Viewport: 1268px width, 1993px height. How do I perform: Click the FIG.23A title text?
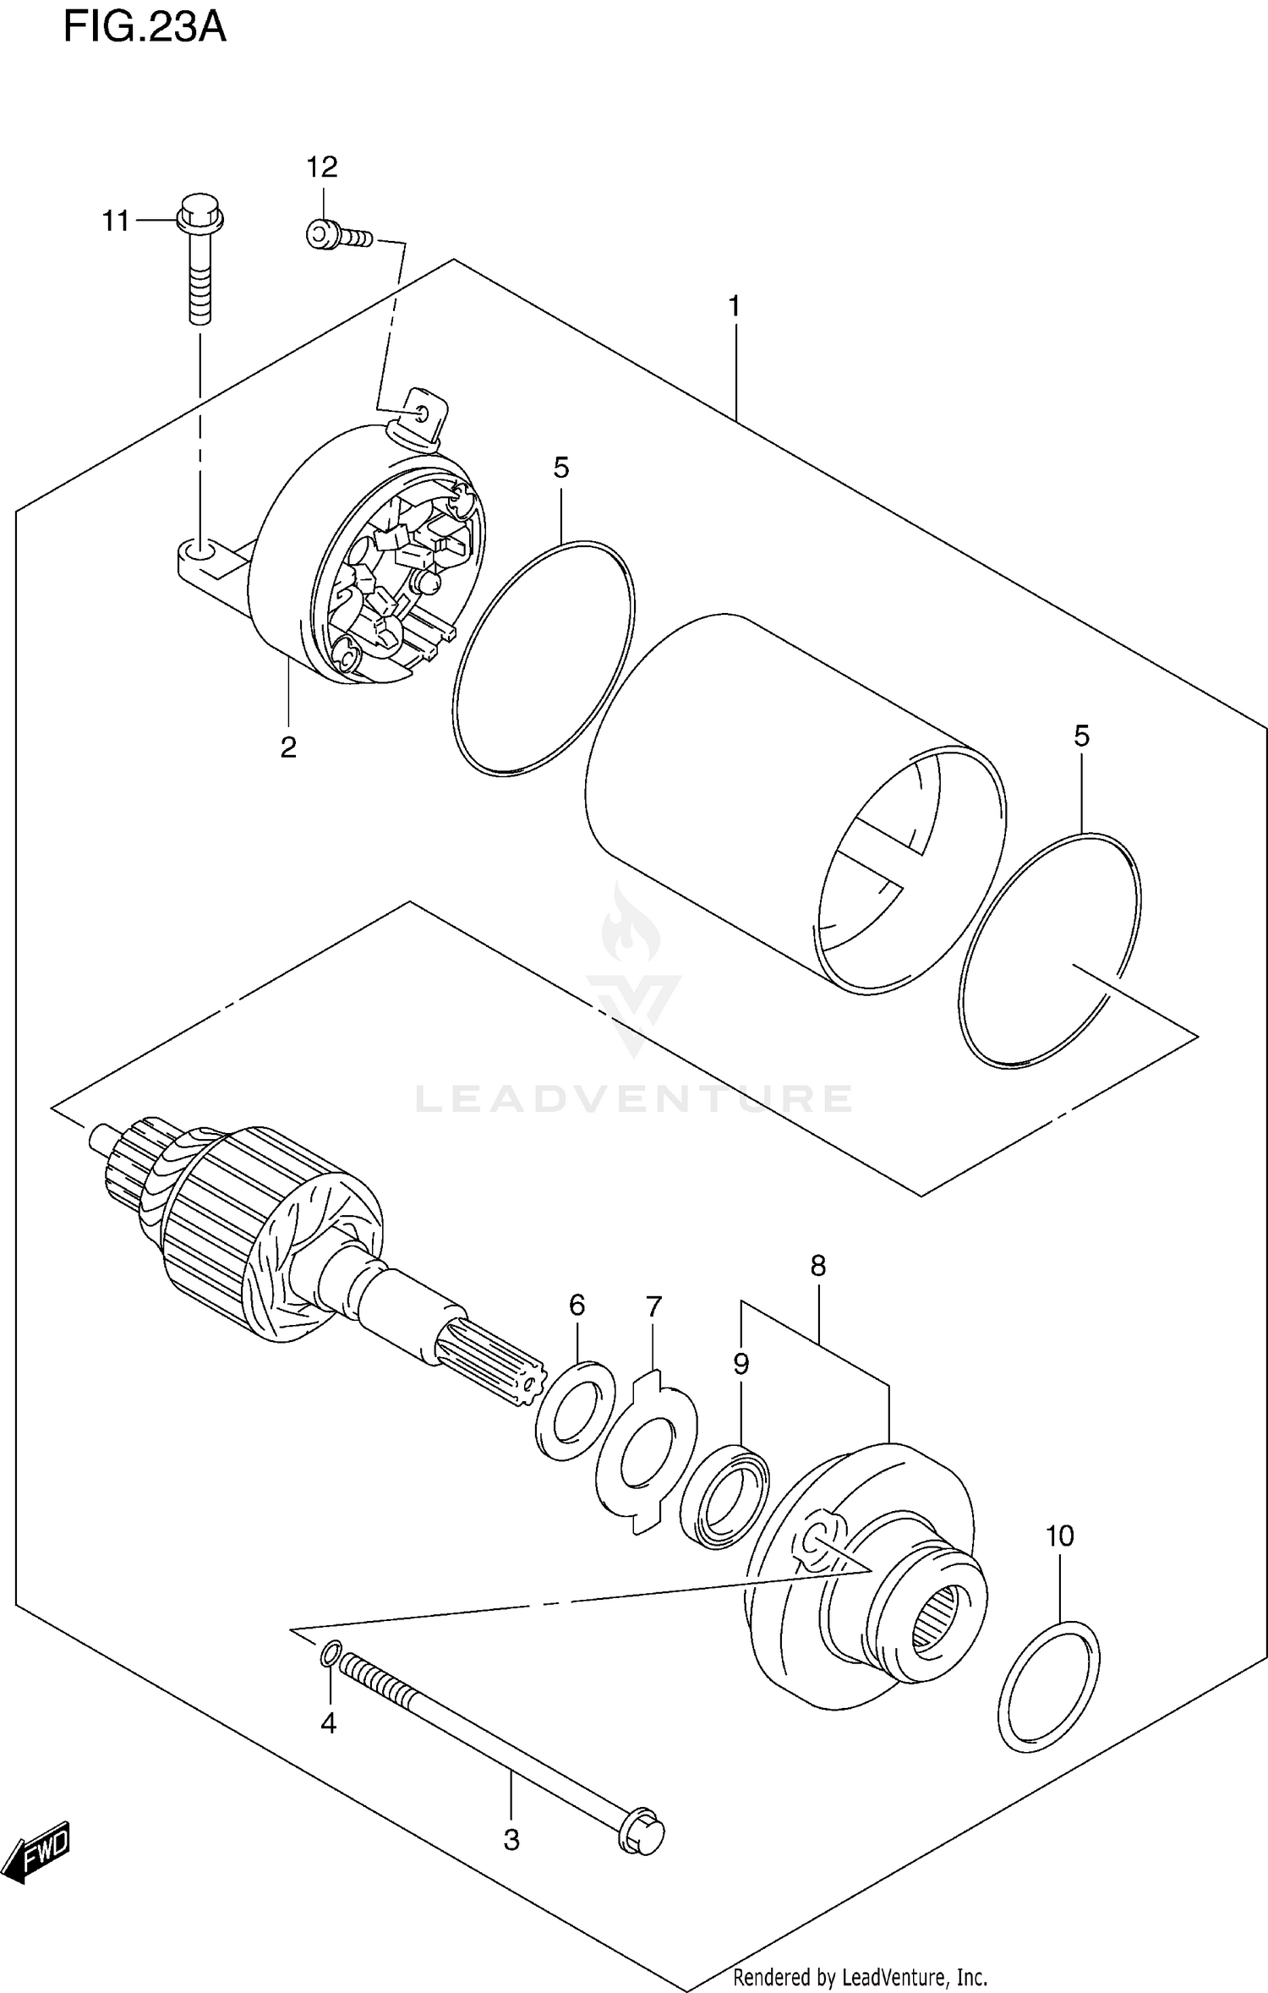[145, 27]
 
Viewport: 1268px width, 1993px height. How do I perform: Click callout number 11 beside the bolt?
[116, 222]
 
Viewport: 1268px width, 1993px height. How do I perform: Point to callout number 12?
[322, 167]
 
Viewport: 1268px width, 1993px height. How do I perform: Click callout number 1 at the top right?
[735, 306]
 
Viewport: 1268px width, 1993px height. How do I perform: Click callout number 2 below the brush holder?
[288, 747]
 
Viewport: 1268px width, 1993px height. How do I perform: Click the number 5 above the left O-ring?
[561, 468]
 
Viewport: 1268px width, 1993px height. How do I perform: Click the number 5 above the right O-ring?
[1081, 736]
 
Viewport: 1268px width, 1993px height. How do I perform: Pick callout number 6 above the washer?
[577, 1306]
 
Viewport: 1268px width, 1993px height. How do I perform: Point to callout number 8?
[817, 1266]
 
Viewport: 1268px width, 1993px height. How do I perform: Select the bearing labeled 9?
[724, 1497]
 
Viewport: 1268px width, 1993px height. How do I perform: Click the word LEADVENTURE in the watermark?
[634, 1098]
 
